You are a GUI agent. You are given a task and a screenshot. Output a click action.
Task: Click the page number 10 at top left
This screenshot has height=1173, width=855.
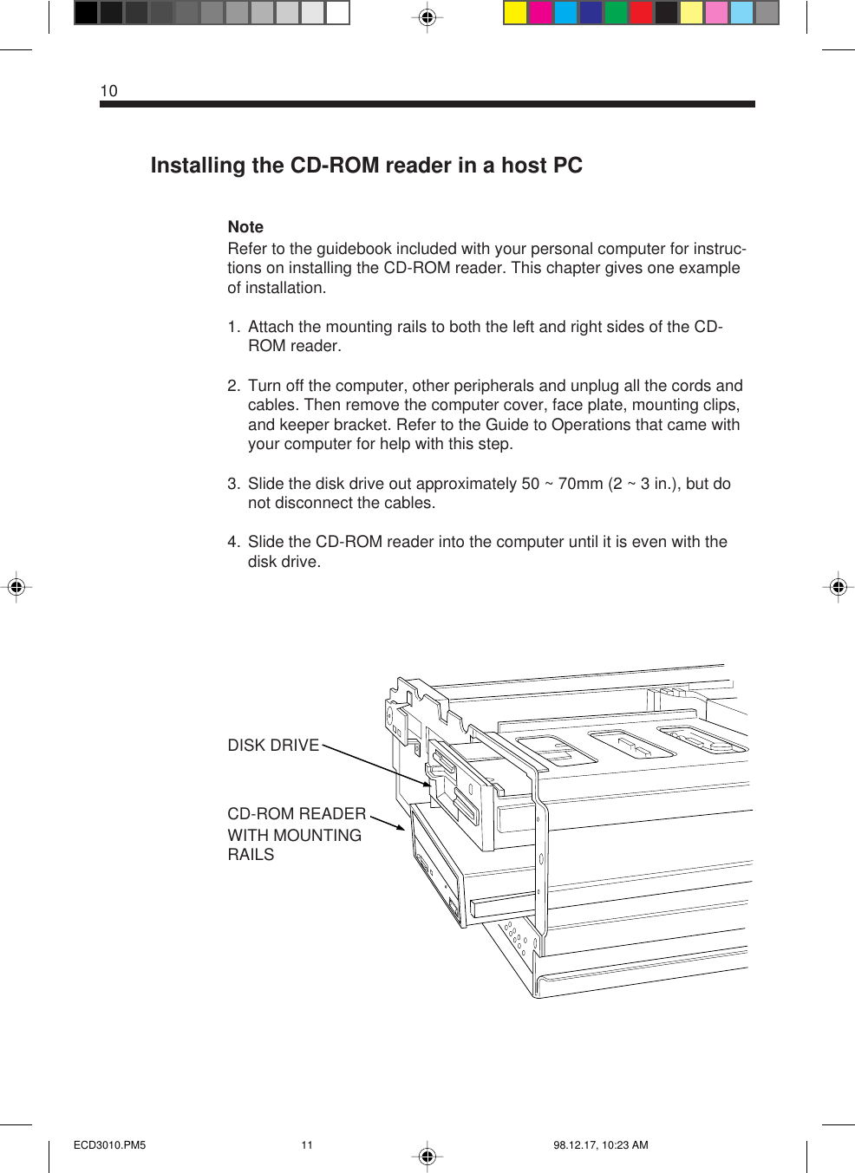tap(108, 91)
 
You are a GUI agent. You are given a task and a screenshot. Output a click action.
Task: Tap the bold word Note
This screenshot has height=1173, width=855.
tap(245, 227)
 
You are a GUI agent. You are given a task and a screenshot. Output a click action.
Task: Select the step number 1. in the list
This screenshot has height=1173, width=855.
tap(233, 327)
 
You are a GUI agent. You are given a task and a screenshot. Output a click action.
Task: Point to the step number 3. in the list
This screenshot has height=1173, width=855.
tap(233, 484)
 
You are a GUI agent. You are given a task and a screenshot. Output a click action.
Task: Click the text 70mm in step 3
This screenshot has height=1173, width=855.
tap(580, 484)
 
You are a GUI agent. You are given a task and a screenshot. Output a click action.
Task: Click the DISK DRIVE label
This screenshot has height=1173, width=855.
tap(273, 746)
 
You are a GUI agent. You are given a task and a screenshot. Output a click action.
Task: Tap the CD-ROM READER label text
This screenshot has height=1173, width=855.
tap(297, 814)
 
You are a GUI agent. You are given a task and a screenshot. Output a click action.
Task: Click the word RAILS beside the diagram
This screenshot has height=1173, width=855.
tap(251, 855)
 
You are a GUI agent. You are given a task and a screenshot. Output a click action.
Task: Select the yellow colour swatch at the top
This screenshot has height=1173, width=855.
tap(515, 13)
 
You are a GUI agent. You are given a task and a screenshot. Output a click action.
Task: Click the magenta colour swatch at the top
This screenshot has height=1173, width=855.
tap(540, 13)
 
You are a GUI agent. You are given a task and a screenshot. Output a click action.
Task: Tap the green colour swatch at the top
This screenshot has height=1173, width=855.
tap(616, 13)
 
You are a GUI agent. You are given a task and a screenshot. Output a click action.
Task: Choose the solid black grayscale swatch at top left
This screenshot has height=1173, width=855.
tap(86, 13)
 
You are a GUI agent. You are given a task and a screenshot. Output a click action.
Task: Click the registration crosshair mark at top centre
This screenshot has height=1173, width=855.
tap(427, 17)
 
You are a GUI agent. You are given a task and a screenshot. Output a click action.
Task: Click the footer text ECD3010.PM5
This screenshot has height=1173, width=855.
tap(109, 1145)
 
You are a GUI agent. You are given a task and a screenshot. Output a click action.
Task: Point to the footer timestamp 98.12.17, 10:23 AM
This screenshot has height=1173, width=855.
tap(600, 1145)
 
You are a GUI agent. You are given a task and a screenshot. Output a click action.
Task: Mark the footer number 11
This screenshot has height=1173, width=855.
tap(307, 1145)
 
